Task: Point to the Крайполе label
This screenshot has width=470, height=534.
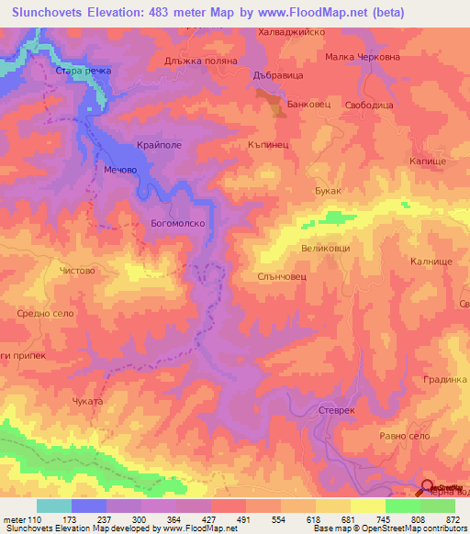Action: click(x=159, y=146)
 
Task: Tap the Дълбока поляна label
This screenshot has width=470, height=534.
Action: click(x=201, y=61)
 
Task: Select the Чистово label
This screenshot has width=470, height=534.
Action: click(x=76, y=271)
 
